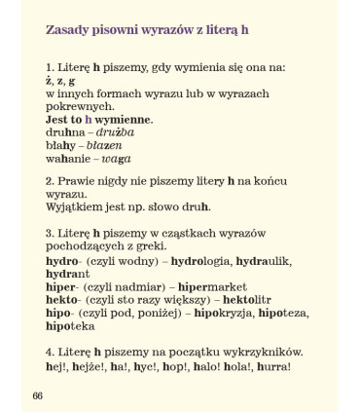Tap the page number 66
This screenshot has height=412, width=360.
[38, 393]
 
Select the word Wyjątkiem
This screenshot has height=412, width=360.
[75, 206]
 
